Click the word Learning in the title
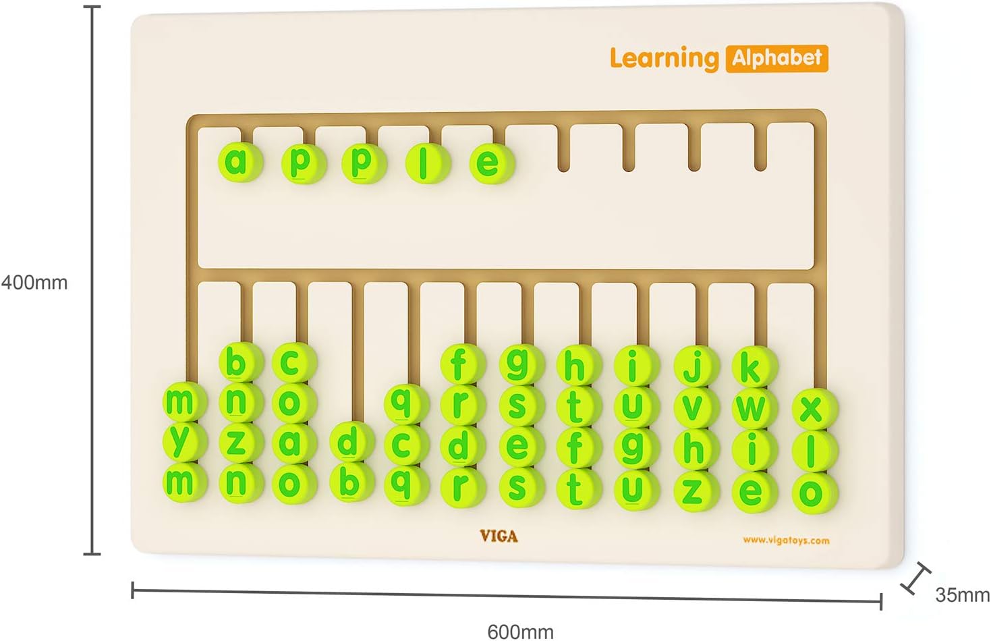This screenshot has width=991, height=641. [664, 59]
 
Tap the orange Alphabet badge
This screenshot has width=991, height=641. [776, 58]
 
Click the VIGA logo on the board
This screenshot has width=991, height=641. [499, 536]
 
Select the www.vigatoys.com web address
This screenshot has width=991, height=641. [786, 540]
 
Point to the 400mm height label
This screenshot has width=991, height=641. [34, 282]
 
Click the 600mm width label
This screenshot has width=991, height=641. [520, 632]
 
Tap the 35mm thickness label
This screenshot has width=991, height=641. [962, 594]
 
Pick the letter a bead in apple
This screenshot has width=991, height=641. [236, 162]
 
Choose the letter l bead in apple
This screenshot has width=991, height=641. [424, 163]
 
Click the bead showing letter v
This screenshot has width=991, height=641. [693, 407]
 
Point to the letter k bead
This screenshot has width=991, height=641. [752, 368]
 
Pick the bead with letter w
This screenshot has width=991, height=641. [752, 408]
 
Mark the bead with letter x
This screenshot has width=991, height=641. [812, 409]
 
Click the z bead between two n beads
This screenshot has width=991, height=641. [236, 442]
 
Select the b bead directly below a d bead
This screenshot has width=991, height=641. [349, 482]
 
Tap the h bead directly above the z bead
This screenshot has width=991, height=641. [693, 449]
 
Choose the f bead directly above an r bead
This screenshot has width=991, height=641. [459, 364]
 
